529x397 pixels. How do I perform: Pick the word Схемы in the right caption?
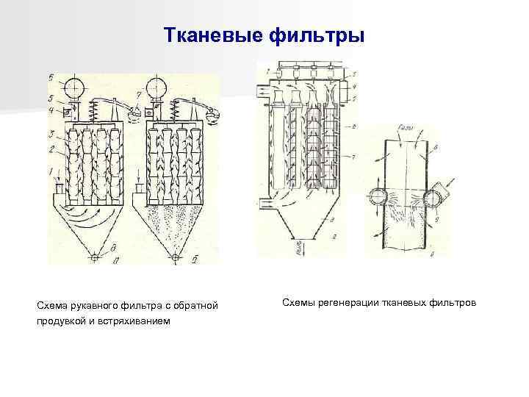[x=298, y=302]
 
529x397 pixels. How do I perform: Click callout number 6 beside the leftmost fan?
[x=51, y=77]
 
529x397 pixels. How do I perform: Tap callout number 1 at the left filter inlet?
[x=50, y=171]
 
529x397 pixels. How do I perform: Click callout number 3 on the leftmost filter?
[x=51, y=135]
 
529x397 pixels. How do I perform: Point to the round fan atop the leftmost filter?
[x=73, y=88]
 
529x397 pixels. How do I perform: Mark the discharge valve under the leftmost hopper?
[x=93, y=257]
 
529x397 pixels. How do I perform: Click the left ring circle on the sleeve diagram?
[x=378, y=196]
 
